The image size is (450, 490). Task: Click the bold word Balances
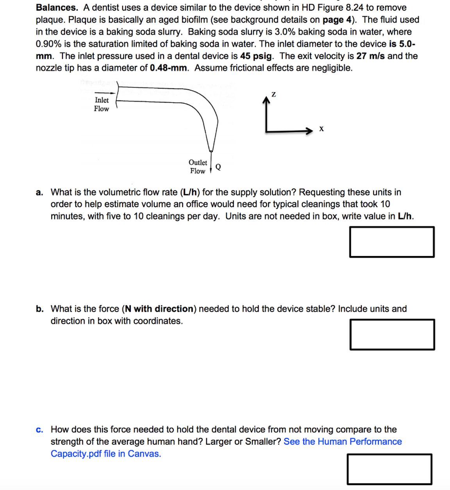pyautogui.click(x=57, y=7)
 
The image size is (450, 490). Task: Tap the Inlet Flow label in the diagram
pyautogui.click(x=102, y=105)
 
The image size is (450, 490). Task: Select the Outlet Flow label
pyautogui.click(x=198, y=167)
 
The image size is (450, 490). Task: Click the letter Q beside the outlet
pyautogui.click(x=218, y=167)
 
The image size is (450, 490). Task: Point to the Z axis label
pyautogui.click(x=273, y=94)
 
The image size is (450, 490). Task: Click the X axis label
pyautogui.click(x=321, y=129)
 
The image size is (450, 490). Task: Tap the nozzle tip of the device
pyautogui.click(x=211, y=150)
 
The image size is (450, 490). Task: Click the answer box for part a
pyautogui.click(x=391, y=242)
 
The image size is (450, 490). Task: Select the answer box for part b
pyautogui.click(x=392, y=334)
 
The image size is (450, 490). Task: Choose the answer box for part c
pyautogui.click(x=389, y=469)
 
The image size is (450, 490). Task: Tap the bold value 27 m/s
pyautogui.click(x=370, y=56)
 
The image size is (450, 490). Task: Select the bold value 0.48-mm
pyautogui.click(x=168, y=68)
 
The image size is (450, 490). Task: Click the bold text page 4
pyautogui.click(x=339, y=20)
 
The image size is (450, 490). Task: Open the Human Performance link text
pyautogui.click(x=343, y=441)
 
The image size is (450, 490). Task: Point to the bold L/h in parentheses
pyautogui.click(x=190, y=192)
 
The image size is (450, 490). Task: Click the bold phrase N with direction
pyautogui.click(x=159, y=309)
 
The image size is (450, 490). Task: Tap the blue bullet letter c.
pyautogui.click(x=39, y=430)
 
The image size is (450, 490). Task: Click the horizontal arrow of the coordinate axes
pyautogui.click(x=289, y=131)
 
